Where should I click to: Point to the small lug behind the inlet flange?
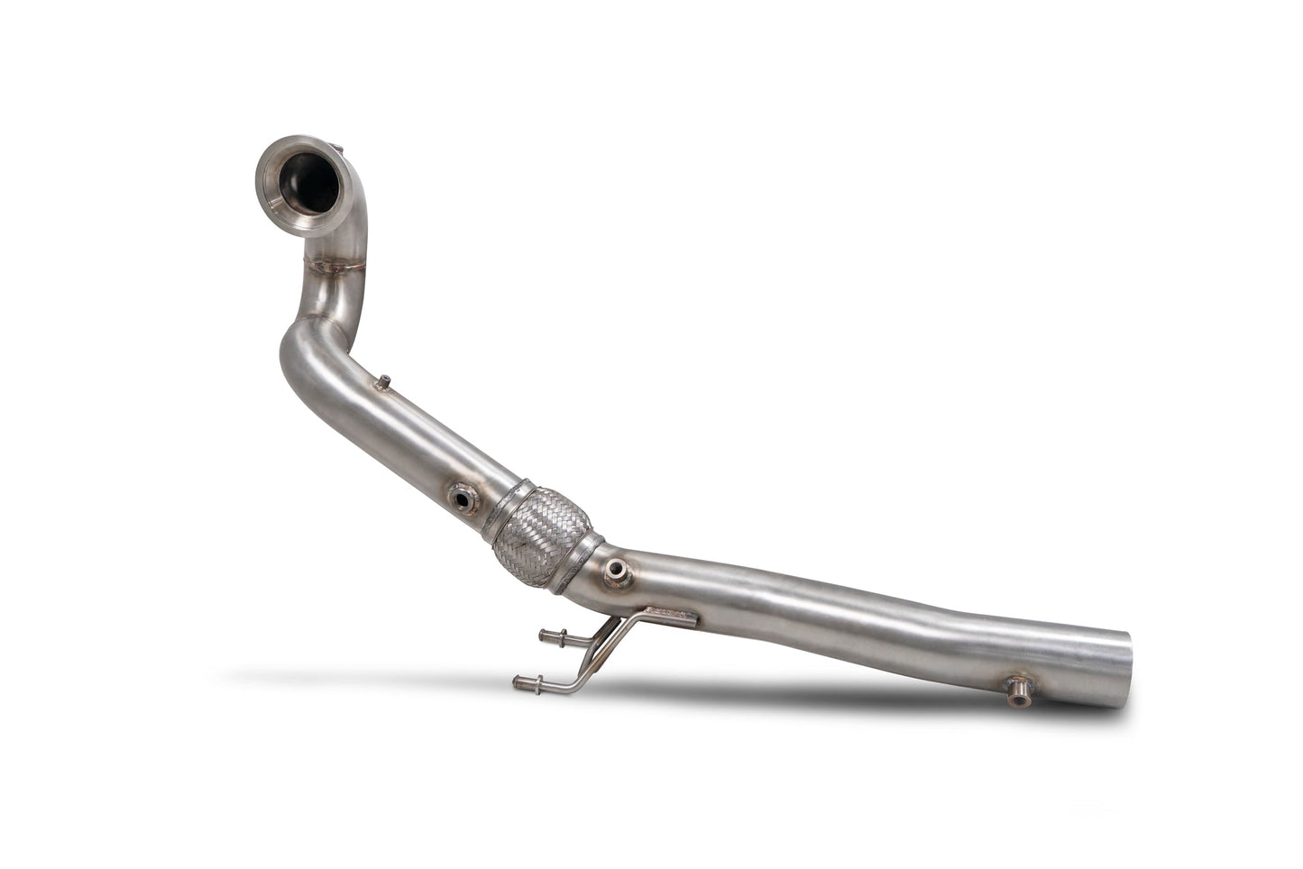pyautogui.click(x=337, y=147)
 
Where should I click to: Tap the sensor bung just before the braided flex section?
pyautogui.click(x=463, y=495)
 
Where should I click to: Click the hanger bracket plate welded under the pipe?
pyautogui.click(x=668, y=617)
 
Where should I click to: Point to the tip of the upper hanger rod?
pyautogui.click(x=543, y=636)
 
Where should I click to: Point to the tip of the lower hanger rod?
pyautogui.click(x=518, y=682)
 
